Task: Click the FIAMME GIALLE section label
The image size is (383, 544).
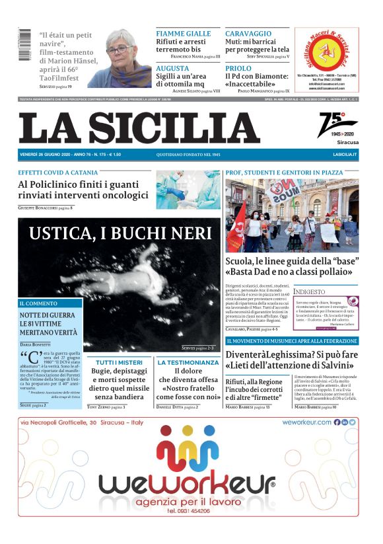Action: click(x=184, y=33)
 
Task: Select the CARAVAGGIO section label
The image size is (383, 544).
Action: click(x=248, y=33)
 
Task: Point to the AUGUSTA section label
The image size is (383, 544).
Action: click(x=173, y=68)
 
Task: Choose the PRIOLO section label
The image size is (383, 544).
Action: click(x=238, y=68)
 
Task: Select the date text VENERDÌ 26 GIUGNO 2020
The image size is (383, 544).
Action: click(x=48, y=155)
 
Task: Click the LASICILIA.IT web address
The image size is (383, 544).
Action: click(x=345, y=155)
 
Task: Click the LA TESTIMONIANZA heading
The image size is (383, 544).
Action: click(x=188, y=362)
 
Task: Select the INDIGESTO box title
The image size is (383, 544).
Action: click(x=310, y=291)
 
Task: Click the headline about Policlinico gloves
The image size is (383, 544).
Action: click(x=83, y=190)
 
